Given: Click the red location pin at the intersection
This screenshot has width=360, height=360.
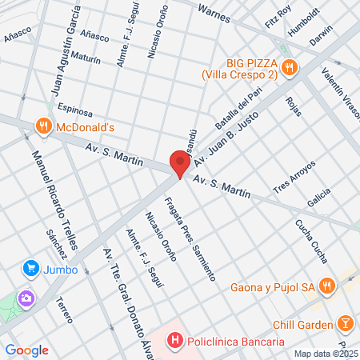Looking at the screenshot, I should [x=179, y=163].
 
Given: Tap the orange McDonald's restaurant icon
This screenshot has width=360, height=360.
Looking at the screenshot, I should [x=44, y=126].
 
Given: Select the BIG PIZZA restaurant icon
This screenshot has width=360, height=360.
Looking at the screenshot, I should [x=289, y=67].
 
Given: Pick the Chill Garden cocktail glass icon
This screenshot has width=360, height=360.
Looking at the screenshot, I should [x=346, y=324].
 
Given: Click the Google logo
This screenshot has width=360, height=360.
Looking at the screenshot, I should [x=27, y=350].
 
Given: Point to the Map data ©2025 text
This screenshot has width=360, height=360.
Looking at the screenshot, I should [x=325, y=353].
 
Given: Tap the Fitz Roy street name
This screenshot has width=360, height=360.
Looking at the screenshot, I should [x=279, y=15].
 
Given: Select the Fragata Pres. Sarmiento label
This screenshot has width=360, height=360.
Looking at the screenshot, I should [x=190, y=238].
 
